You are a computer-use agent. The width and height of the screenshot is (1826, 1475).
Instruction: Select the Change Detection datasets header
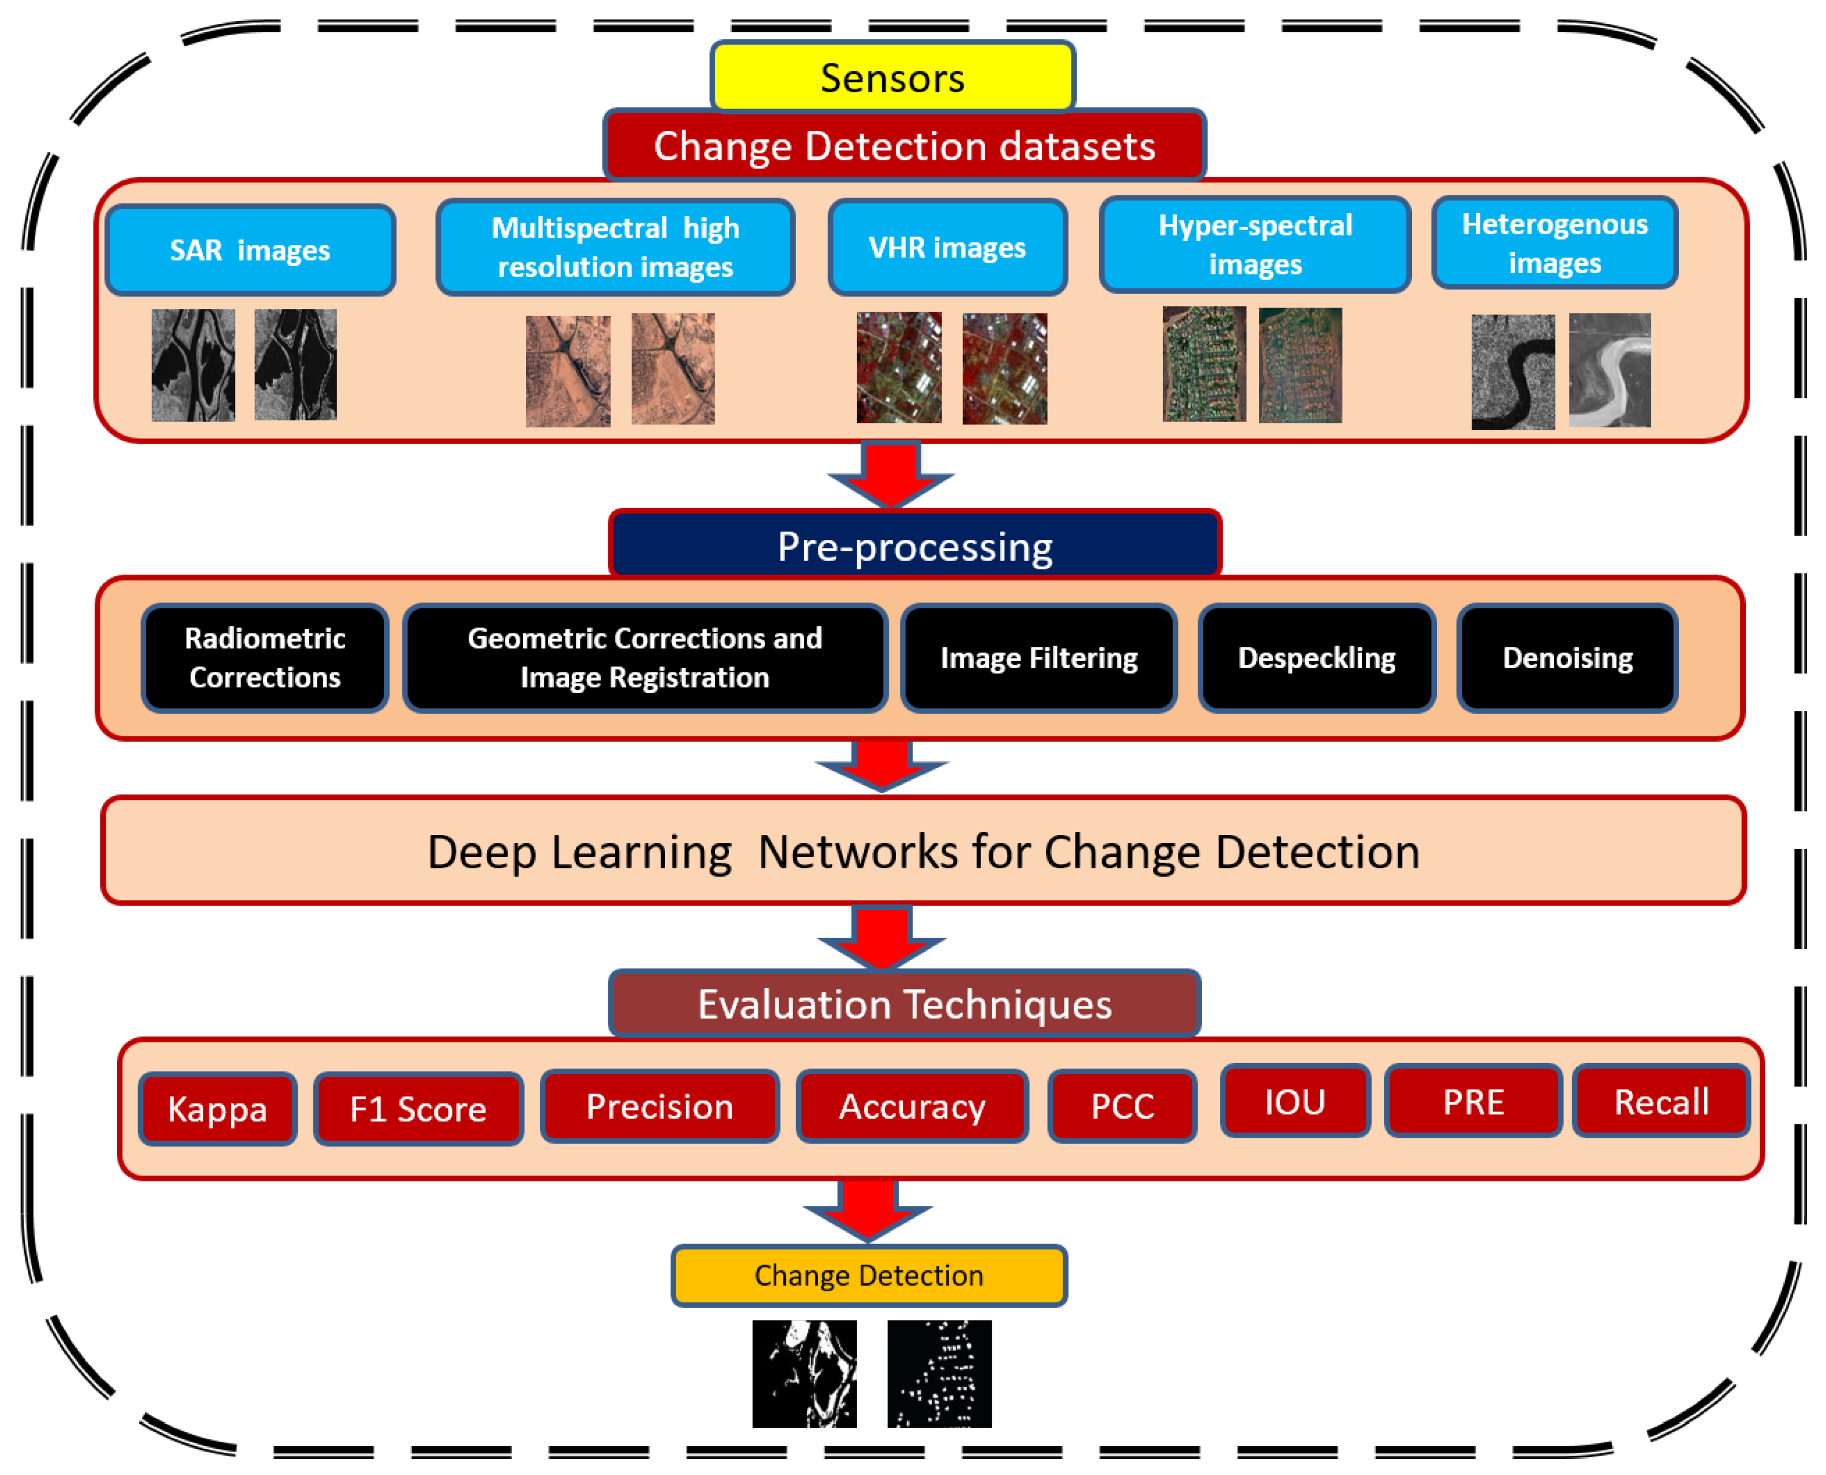(904, 145)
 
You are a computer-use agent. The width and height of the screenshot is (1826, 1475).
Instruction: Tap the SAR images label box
(250, 250)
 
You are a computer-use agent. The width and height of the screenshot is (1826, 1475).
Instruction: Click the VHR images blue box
(947, 247)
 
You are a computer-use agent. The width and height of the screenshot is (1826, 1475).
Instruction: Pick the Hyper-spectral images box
(1255, 245)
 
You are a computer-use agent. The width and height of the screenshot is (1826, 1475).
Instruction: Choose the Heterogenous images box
(1554, 243)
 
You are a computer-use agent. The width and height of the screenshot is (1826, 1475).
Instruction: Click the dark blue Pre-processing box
(914, 545)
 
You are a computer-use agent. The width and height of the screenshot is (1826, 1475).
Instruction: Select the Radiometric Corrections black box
(264, 658)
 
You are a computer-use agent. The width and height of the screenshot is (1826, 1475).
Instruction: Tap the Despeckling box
(1316, 658)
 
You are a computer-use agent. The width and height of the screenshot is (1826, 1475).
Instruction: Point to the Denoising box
(1567, 658)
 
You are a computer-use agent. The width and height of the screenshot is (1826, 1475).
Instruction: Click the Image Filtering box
(1038, 658)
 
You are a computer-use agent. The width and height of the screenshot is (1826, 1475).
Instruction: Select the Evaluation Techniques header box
(904, 1004)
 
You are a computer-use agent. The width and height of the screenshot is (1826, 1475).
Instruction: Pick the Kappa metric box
(218, 1109)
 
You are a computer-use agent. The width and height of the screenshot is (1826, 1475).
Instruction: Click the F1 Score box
(418, 1109)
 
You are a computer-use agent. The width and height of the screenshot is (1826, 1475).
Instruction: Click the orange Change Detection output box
(868, 1275)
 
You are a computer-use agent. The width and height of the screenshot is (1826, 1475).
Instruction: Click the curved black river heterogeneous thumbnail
(1513, 372)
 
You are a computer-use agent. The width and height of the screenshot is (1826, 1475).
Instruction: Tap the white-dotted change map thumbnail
(939, 1374)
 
